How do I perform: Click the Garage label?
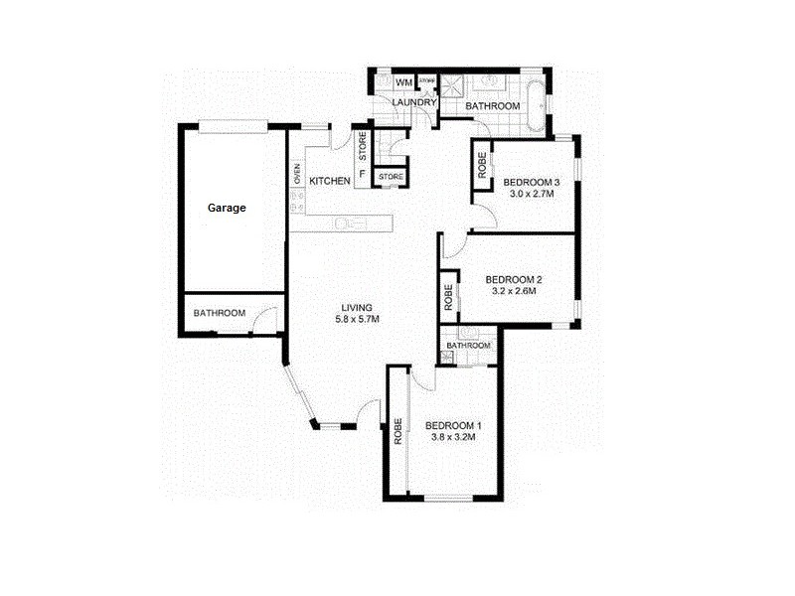[227, 209]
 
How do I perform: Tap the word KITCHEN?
[329, 181]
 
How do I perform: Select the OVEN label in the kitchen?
[297, 173]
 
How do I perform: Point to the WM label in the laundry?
[404, 82]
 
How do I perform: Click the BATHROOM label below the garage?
[219, 313]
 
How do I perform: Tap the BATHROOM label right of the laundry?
[494, 105]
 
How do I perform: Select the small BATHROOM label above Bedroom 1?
[468, 346]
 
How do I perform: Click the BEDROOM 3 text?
[533, 182]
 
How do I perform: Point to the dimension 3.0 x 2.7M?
[529, 195]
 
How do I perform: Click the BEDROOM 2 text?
[514, 279]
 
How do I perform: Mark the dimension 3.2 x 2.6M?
[514, 292]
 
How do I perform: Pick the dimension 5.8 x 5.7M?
[358, 319]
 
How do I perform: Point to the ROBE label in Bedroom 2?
[449, 297]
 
